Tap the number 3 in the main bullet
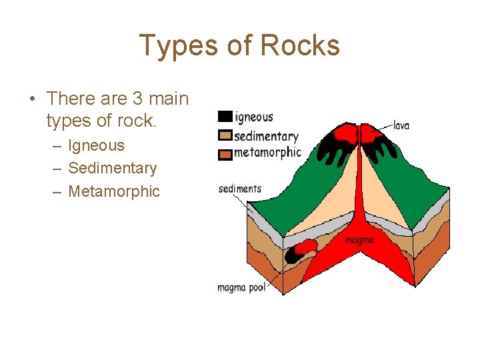click(x=138, y=99)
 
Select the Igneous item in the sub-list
click(x=96, y=145)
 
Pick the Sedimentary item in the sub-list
click(x=112, y=168)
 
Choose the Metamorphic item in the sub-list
click(x=114, y=191)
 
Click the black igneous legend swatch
click(x=225, y=117)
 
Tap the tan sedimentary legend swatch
click(x=225, y=136)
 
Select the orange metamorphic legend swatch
click(x=225, y=154)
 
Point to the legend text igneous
click(x=254, y=117)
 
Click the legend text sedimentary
click(x=266, y=137)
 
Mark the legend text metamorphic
click(x=267, y=153)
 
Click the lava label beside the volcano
click(x=401, y=125)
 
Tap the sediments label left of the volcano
click(x=239, y=189)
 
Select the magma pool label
click(x=241, y=288)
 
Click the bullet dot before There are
click(x=31, y=99)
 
